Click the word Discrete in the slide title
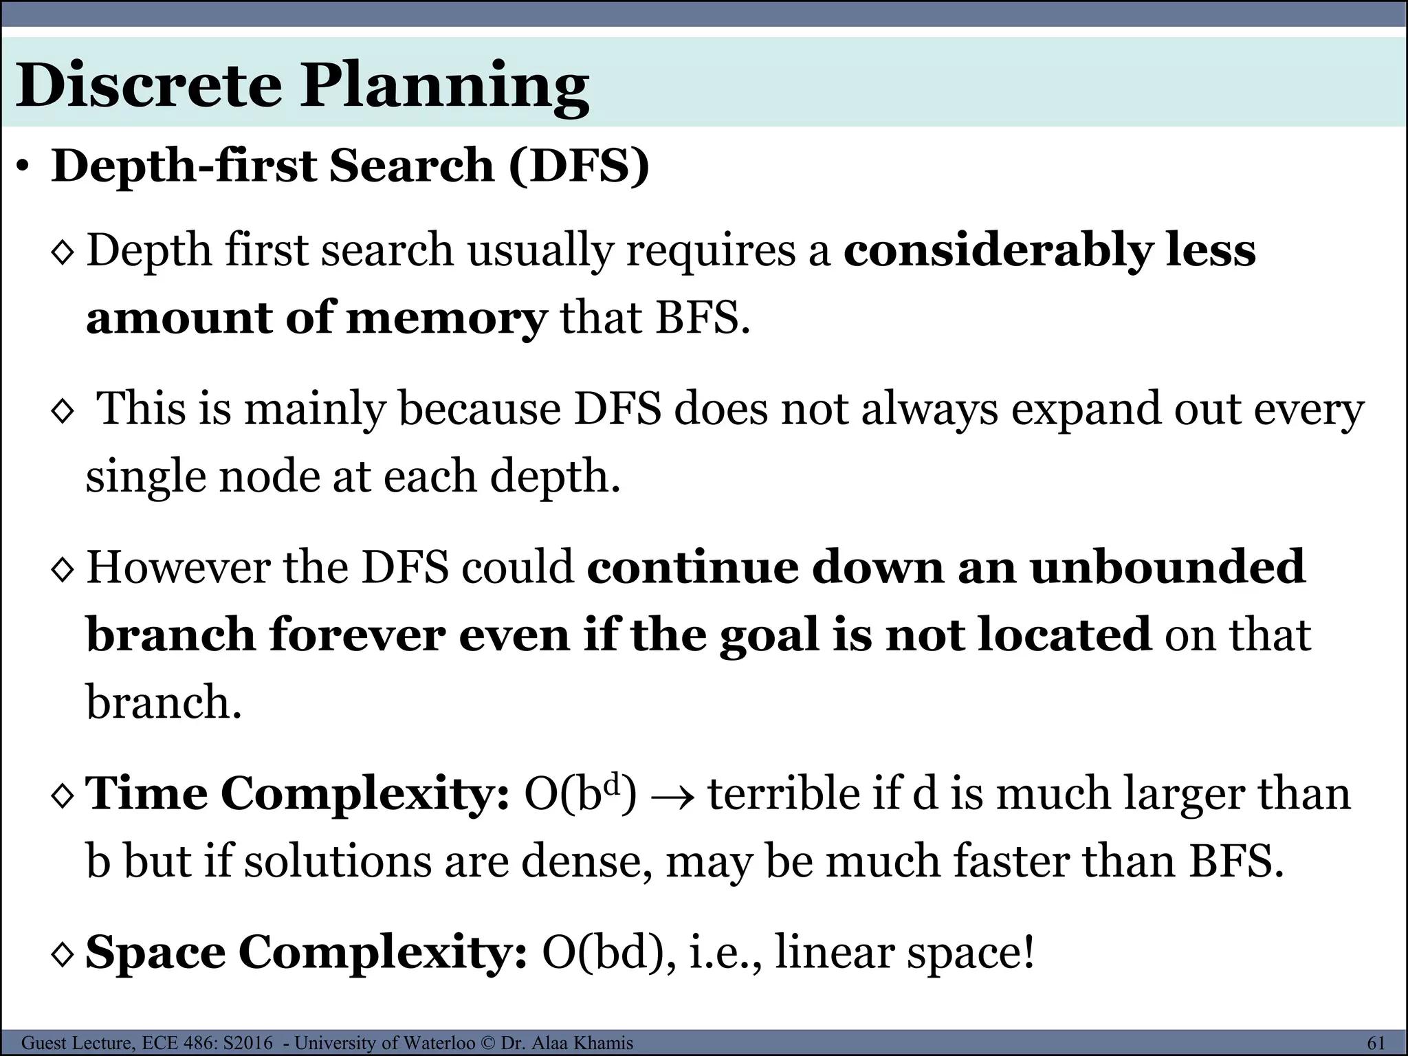[148, 86]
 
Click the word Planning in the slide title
[443, 88]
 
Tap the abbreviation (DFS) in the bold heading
[579, 166]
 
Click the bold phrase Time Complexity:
[297, 793]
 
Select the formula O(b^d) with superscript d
[580, 793]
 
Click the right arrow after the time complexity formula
[672, 796]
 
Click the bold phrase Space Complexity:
[306, 953]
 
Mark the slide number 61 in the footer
[1376, 1043]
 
